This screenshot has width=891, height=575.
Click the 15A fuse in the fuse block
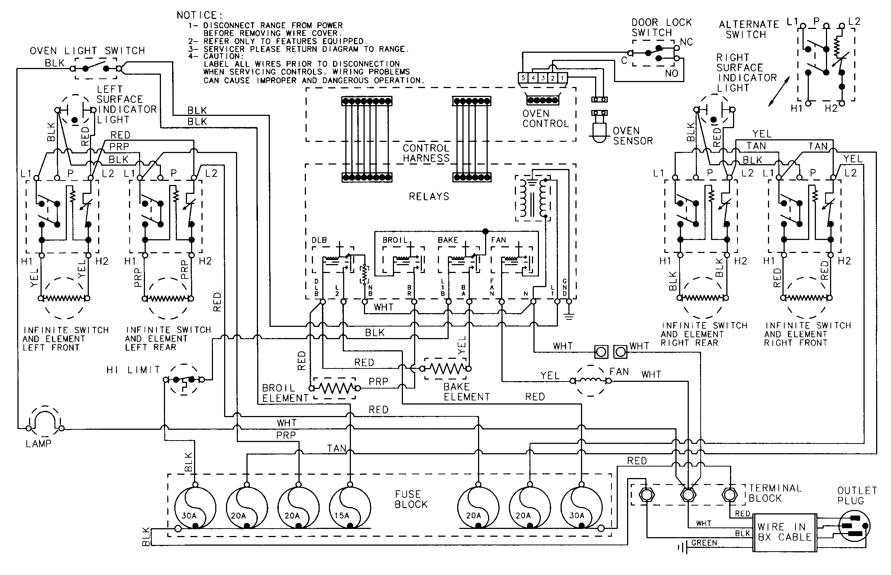[350, 508]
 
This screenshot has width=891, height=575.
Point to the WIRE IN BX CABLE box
[784, 532]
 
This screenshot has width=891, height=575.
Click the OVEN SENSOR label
[633, 136]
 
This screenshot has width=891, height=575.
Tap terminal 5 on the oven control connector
[523, 78]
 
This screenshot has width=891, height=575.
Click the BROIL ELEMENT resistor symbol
[335, 389]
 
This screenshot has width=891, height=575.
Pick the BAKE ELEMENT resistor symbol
[446, 369]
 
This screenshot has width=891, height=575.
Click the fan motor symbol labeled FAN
[590, 381]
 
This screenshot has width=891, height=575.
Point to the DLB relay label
[319, 240]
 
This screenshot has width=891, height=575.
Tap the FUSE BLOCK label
[411, 499]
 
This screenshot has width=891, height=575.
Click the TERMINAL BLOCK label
[775, 493]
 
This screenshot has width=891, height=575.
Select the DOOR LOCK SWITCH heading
[661, 27]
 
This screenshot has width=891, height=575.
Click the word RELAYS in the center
[429, 196]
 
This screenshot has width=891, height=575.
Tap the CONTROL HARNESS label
[426, 153]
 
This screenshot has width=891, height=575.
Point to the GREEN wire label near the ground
[704, 543]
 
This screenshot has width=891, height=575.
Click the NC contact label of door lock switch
[686, 42]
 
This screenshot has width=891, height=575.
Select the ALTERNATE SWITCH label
[748, 29]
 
